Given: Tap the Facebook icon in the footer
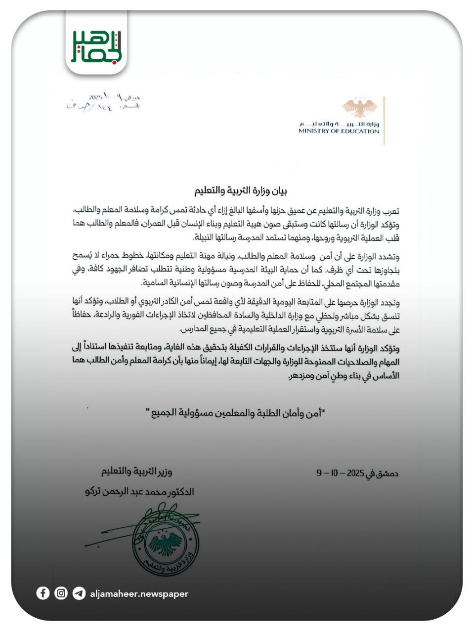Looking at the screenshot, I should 43,593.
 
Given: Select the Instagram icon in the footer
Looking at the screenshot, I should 61,593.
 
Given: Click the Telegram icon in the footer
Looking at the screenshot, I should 79,593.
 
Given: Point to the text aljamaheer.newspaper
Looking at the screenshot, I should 139,593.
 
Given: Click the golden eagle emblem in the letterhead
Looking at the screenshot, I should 360,108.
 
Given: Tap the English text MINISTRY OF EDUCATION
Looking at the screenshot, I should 339,131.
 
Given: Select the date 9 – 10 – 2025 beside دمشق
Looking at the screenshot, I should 340,473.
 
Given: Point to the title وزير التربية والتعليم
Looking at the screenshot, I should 136,472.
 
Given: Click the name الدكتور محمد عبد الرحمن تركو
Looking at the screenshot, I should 140,492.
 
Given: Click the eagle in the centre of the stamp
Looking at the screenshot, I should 166,543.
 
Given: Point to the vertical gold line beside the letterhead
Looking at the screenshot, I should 384,121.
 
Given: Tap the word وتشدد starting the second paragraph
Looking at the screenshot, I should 388,257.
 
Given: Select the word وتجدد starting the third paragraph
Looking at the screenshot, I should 389,302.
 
